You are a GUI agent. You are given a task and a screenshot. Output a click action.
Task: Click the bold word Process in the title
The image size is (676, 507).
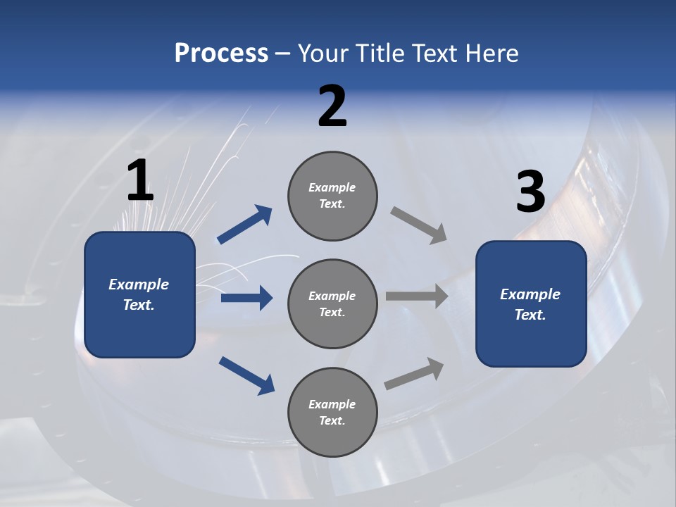(221, 54)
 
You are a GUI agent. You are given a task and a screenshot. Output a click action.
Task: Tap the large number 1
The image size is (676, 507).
(140, 181)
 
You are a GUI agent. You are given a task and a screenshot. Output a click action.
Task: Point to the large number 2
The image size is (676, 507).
(332, 106)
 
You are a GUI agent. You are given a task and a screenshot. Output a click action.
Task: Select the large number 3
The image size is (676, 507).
(530, 192)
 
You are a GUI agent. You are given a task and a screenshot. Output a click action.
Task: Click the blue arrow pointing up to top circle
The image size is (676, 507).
(245, 225)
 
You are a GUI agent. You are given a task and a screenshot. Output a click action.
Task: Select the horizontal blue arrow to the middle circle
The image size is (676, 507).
(246, 298)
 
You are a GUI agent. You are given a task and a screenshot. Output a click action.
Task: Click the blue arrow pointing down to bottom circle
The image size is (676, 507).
(246, 375)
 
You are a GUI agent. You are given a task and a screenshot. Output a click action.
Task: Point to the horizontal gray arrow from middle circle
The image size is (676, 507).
(417, 296)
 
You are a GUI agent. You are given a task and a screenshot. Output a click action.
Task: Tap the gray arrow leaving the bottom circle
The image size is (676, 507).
(415, 373)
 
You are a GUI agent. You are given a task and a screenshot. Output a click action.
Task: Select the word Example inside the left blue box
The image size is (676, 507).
(139, 284)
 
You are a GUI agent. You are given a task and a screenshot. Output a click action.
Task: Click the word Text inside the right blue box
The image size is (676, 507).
(530, 315)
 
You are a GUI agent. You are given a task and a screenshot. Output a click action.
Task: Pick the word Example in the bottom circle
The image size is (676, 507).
(332, 404)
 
